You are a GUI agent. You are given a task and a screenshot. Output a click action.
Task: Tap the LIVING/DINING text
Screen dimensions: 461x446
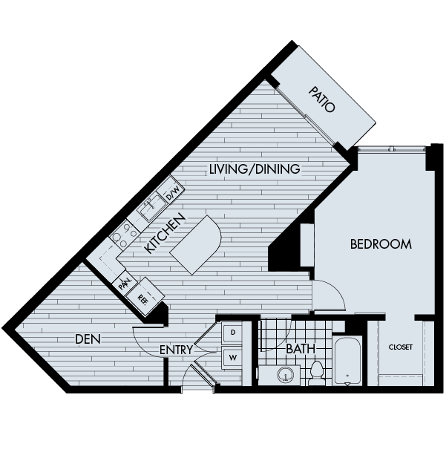point(254,169)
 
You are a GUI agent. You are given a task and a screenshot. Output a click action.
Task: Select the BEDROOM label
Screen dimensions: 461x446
point(380,243)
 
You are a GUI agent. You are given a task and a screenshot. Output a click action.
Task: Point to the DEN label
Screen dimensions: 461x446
point(88,339)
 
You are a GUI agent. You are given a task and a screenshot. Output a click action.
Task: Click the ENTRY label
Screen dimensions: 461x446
point(176,350)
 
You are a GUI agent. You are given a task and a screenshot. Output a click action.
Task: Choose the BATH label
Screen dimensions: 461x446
point(301,348)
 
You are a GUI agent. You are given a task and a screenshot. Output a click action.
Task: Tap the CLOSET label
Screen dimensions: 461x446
point(401,347)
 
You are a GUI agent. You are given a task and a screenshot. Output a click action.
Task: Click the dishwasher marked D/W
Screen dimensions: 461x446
point(172,192)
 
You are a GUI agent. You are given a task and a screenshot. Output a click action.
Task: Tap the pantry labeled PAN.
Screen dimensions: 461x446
point(123,283)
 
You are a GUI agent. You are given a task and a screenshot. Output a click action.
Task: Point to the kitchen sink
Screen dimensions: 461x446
point(151,208)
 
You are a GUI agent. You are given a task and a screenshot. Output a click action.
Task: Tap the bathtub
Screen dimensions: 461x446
point(347,362)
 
